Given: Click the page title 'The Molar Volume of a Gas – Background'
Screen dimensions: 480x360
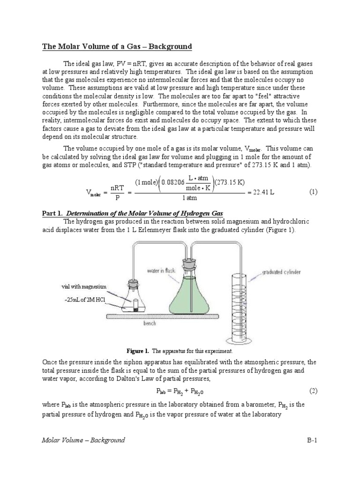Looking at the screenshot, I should tap(117, 46).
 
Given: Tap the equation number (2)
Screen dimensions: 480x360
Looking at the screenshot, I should tap(313, 390).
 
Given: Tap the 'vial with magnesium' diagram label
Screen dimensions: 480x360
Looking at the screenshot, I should tap(84, 286).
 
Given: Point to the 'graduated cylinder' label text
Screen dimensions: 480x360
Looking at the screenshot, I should tap(281, 272).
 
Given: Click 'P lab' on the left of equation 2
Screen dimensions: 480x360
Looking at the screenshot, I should tap(162, 390).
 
